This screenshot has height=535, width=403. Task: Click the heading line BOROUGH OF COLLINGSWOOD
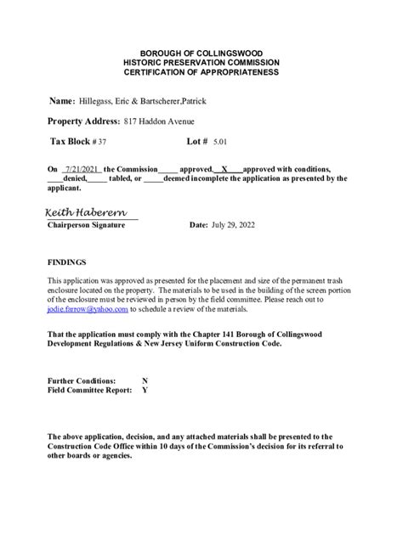click(201, 53)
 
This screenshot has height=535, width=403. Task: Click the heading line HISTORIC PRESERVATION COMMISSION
click(201, 63)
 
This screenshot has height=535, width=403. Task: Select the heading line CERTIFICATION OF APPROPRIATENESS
click(201, 73)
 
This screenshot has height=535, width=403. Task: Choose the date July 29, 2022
click(233, 225)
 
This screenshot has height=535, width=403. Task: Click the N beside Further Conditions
click(145, 381)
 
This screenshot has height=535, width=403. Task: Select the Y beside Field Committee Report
click(145, 391)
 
